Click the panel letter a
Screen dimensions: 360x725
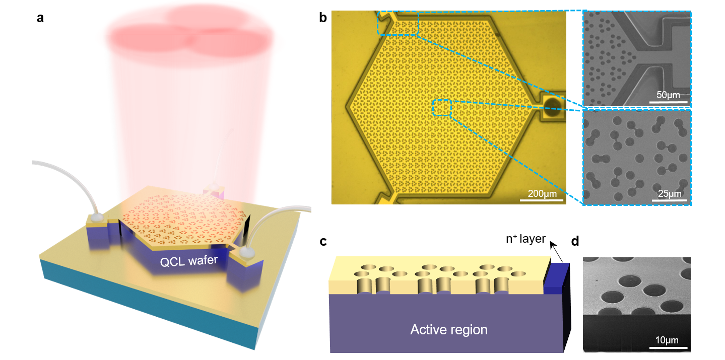coord(40,19)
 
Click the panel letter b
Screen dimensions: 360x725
coord(323,19)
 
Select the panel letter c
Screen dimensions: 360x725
coord(323,241)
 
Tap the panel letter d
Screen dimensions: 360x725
coord(575,241)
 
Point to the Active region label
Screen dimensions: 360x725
coord(449,330)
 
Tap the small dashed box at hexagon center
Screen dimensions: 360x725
coord(442,108)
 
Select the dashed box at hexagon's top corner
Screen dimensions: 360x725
coord(398,23)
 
